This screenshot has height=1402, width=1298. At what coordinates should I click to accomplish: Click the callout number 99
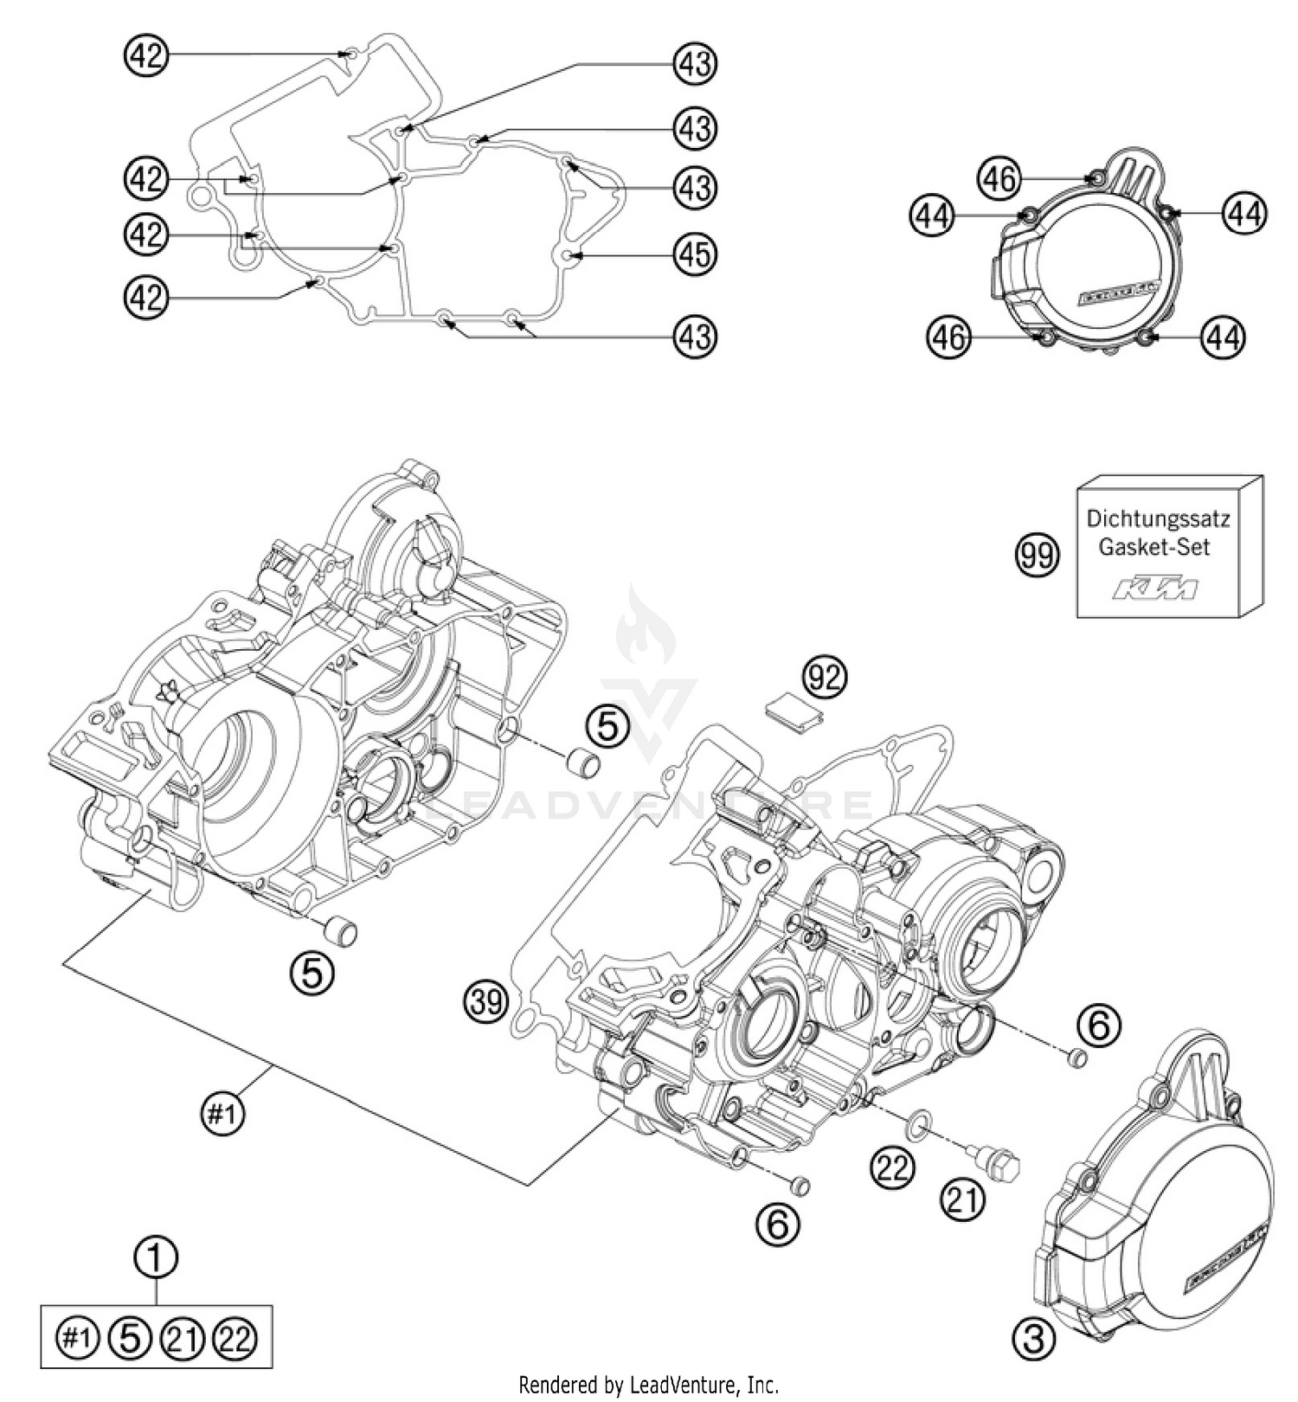point(1036,554)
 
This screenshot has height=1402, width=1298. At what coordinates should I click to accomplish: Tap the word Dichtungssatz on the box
point(1157,519)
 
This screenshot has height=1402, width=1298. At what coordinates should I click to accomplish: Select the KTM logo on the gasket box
point(1157,589)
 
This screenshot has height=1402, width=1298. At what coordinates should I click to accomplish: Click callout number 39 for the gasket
point(486,1002)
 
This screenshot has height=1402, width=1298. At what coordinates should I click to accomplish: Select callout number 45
point(695,254)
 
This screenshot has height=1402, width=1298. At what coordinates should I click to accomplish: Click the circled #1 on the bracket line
point(222,1114)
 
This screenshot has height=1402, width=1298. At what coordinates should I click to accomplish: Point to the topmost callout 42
point(145,56)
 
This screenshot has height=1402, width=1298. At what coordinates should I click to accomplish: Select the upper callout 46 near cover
point(999,179)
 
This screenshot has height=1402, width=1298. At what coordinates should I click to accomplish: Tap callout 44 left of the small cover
point(931,215)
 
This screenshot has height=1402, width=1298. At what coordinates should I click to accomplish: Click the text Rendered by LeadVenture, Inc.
point(648,1385)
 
